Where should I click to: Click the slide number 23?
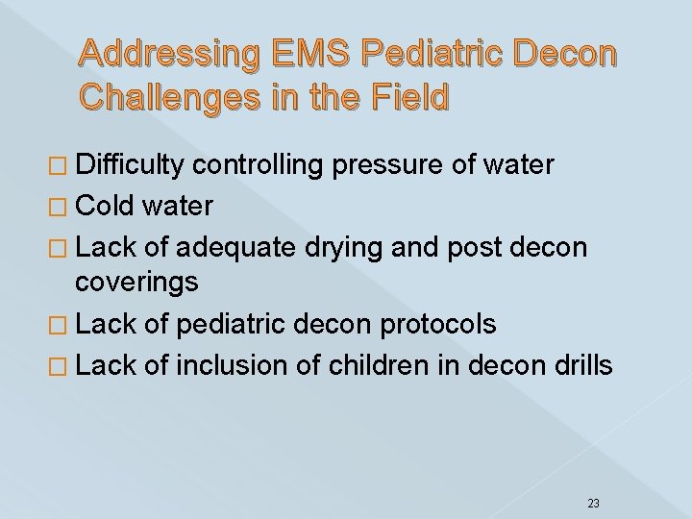(593, 475)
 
